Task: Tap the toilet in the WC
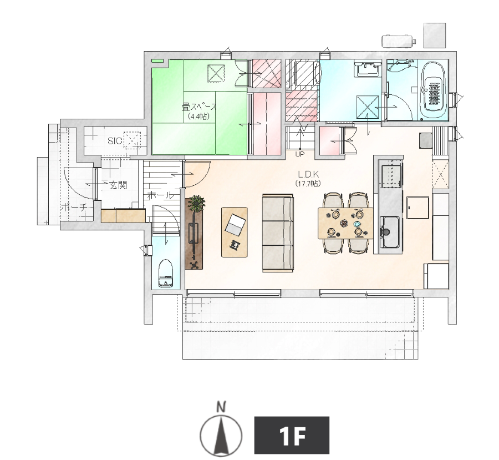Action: [x=165, y=274]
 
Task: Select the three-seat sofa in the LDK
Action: [x=278, y=232]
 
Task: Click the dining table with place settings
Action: [x=345, y=223]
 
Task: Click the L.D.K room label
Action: [x=308, y=174]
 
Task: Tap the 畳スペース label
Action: [x=199, y=107]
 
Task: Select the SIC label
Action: [x=115, y=141]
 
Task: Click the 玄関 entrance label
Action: [x=118, y=185]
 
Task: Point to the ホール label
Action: [x=160, y=195]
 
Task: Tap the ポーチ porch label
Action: [x=73, y=208]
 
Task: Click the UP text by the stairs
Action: [x=300, y=154]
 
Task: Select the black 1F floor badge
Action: [x=292, y=435]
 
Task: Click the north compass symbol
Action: [x=221, y=434]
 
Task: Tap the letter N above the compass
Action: [x=221, y=407]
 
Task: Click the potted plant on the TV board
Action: [x=196, y=204]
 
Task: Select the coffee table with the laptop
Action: [x=235, y=232]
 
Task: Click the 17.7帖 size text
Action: [x=308, y=184]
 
